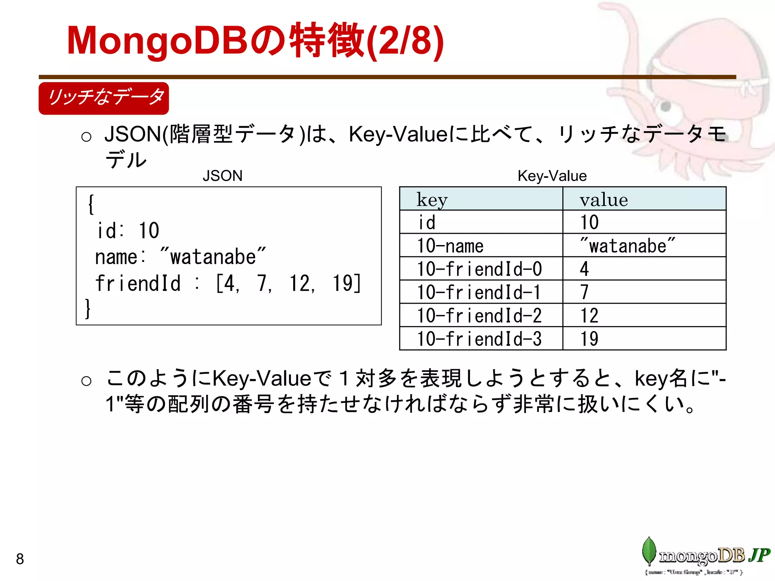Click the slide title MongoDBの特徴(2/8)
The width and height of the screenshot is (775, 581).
(x=255, y=41)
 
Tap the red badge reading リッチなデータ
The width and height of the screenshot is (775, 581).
(x=104, y=98)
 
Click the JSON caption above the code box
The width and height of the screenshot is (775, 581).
(x=223, y=176)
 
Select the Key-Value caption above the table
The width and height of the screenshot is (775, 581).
(x=552, y=176)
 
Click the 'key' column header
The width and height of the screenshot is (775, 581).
(x=432, y=199)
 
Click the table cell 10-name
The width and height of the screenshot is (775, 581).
(x=450, y=246)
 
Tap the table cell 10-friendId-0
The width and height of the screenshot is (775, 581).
(x=479, y=269)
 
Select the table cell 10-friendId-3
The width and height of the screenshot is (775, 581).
(x=479, y=339)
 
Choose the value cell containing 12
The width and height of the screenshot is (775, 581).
(x=589, y=316)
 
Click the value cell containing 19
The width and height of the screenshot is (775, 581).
(x=589, y=339)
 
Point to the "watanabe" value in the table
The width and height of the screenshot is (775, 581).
(x=627, y=246)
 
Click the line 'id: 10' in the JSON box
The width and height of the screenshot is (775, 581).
(x=128, y=231)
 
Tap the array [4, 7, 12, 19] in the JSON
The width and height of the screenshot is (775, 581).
(x=288, y=284)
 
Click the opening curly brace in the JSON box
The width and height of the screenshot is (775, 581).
(x=91, y=205)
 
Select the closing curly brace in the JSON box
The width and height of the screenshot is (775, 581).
(x=88, y=309)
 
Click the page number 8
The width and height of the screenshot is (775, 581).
(x=20, y=559)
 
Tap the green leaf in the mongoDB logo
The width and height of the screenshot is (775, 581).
(x=649, y=551)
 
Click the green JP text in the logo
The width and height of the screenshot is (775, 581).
(x=759, y=555)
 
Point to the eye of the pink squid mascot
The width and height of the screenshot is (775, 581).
(x=666, y=107)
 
